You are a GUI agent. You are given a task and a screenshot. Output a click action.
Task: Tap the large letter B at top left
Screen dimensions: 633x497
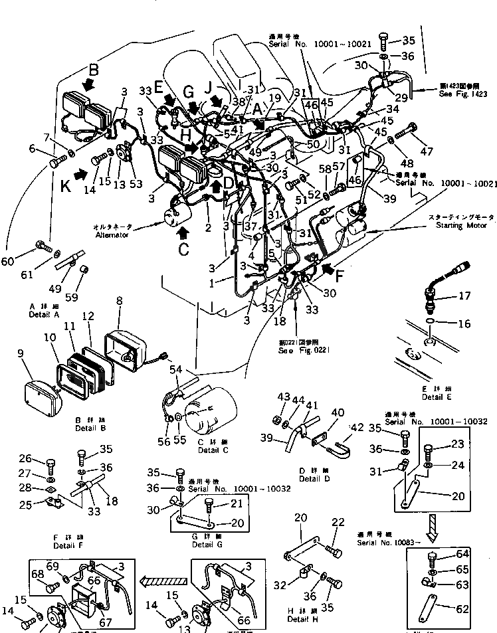(x=94, y=68)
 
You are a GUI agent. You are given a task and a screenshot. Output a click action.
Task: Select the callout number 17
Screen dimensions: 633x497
(x=464, y=295)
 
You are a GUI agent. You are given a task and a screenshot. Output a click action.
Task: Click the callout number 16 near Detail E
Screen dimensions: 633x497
(x=464, y=324)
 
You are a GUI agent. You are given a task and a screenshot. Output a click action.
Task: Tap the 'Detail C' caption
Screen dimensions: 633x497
(x=213, y=450)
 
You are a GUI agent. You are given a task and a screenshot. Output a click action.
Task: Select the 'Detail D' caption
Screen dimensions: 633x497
(x=313, y=478)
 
